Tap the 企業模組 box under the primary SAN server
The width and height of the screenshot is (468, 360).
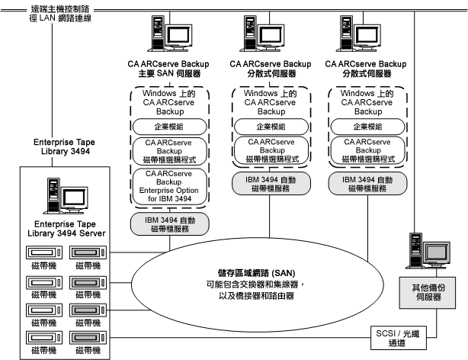[166, 125]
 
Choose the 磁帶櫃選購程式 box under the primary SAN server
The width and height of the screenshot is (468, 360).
[166, 150]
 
